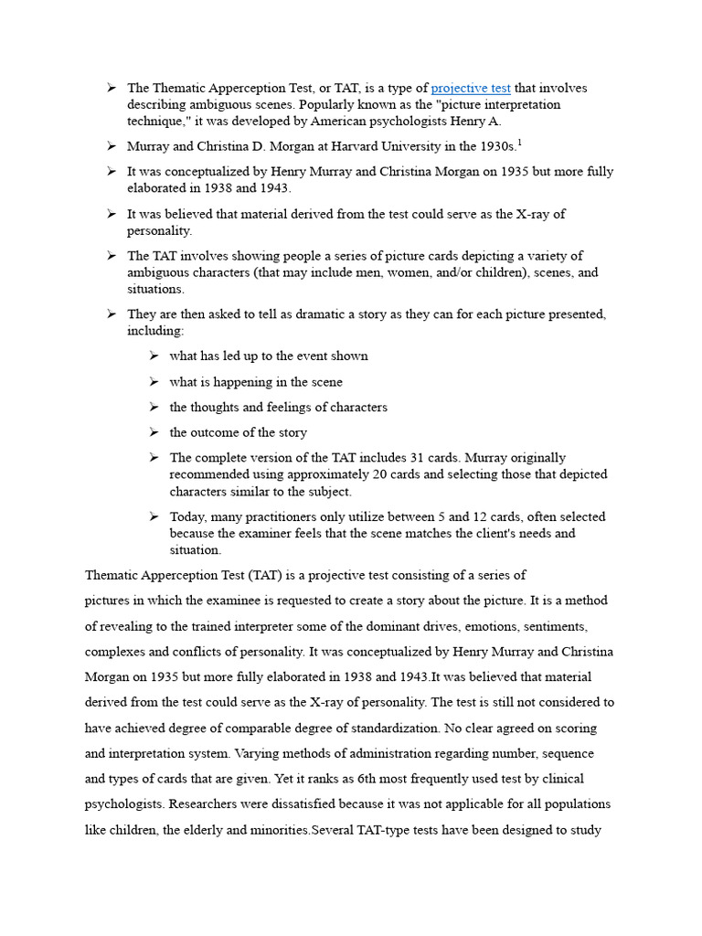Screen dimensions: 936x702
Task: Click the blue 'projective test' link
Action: [x=471, y=89]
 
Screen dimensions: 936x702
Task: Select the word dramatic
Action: [x=268, y=314]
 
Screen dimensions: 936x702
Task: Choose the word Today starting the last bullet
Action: [x=188, y=517]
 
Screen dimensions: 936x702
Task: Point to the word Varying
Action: [x=259, y=754]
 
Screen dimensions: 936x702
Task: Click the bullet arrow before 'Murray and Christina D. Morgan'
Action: [x=110, y=146]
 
